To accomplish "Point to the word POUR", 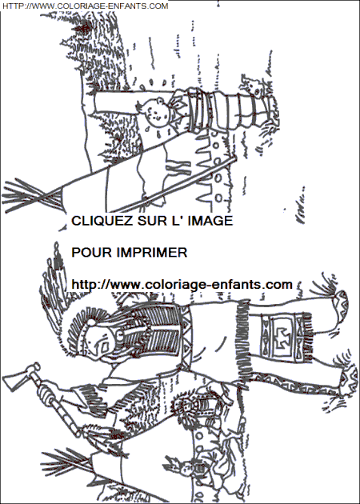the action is [x=91, y=252].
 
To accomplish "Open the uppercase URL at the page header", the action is [x=85, y=6].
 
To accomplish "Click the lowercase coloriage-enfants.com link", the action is [x=182, y=285].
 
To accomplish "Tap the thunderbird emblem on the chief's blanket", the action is [x=282, y=337].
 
